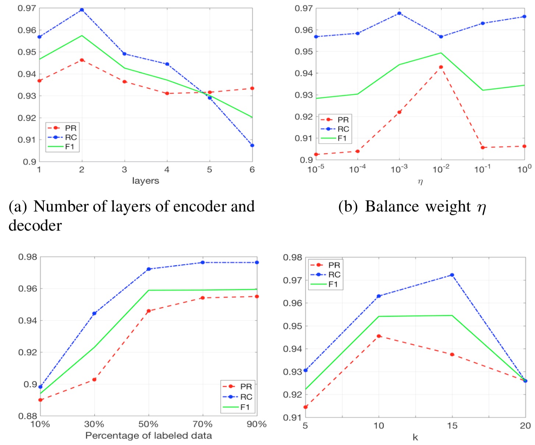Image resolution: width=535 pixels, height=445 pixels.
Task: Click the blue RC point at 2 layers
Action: click(82, 10)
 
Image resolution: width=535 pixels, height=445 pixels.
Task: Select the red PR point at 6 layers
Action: click(252, 88)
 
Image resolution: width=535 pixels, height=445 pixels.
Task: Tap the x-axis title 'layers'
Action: click(145, 181)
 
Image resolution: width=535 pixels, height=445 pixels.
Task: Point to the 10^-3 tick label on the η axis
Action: click(399, 169)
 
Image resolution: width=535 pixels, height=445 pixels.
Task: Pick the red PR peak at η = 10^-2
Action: click(441, 67)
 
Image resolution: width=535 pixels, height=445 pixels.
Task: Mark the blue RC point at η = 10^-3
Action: click(399, 13)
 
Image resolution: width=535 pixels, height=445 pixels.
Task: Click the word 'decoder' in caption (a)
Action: click(35, 225)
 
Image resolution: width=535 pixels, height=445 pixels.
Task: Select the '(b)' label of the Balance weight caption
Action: click(348, 207)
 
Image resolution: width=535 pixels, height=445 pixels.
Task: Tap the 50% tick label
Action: click(148, 424)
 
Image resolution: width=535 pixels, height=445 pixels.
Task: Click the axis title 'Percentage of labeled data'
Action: click(148, 436)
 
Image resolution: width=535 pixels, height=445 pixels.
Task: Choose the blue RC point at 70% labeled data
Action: click(202, 263)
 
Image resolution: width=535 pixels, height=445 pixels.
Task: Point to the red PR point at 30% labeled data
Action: click(94, 380)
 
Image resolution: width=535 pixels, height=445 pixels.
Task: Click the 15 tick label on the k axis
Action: click(452, 426)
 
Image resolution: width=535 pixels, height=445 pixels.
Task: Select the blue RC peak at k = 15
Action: click(452, 275)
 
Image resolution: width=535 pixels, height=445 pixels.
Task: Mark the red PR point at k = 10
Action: click(379, 336)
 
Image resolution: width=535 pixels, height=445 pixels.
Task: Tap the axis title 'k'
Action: click(415, 438)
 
